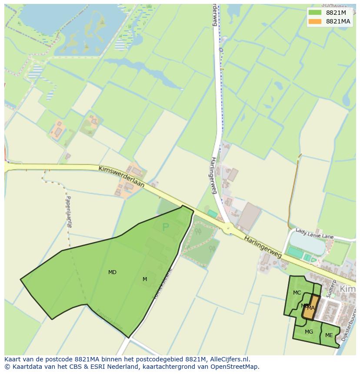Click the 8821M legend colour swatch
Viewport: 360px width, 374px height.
pyautogui.click(x=315, y=13)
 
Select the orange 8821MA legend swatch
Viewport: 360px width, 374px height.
pyautogui.click(x=315, y=21)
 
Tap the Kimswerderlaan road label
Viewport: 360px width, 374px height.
pyautogui.click(x=122, y=176)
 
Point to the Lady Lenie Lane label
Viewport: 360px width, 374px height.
pyautogui.click(x=314, y=234)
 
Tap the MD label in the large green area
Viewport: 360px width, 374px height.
pyautogui.click(x=112, y=272)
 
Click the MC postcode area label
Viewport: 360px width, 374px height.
pyautogui.click(x=297, y=293)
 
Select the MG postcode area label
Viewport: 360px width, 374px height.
pyautogui.click(x=309, y=332)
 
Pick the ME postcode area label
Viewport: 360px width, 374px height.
pyautogui.click(x=329, y=335)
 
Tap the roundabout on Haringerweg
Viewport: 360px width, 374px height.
pyautogui.click(x=228, y=227)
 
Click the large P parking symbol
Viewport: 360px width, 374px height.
pyautogui.click(x=165, y=227)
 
